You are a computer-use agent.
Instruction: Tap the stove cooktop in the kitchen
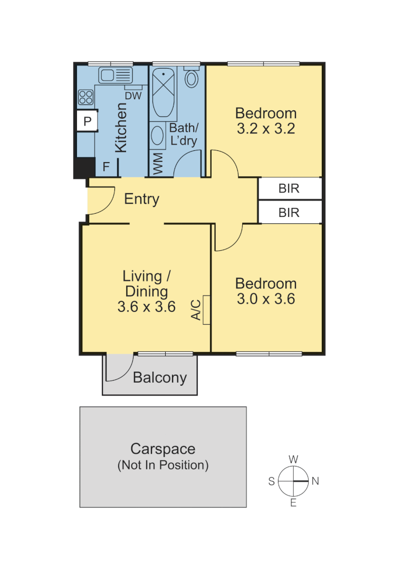pyautogui.click(x=86, y=97)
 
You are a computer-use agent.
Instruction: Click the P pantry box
pyautogui.click(x=88, y=122)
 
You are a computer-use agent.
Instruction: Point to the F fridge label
pyautogui.click(x=105, y=167)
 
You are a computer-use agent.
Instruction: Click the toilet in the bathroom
pyautogui.click(x=192, y=78)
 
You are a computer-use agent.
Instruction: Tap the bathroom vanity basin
pyautogui.click(x=158, y=136)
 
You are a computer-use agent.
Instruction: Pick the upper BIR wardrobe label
pyautogui.click(x=289, y=188)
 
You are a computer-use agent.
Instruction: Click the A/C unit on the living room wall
pyautogui.click(x=206, y=310)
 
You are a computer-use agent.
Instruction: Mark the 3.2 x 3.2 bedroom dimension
pyautogui.click(x=265, y=128)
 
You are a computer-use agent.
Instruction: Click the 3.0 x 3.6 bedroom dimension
pyautogui.click(x=265, y=299)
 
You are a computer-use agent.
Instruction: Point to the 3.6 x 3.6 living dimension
pyautogui.click(x=146, y=307)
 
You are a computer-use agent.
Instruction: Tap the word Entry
pyautogui.click(x=141, y=199)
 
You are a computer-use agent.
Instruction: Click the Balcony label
pyautogui.click(x=160, y=378)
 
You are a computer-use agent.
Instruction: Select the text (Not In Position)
pyautogui.click(x=162, y=465)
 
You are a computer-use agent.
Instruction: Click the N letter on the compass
pyautogui.click(x=315, y=481)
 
